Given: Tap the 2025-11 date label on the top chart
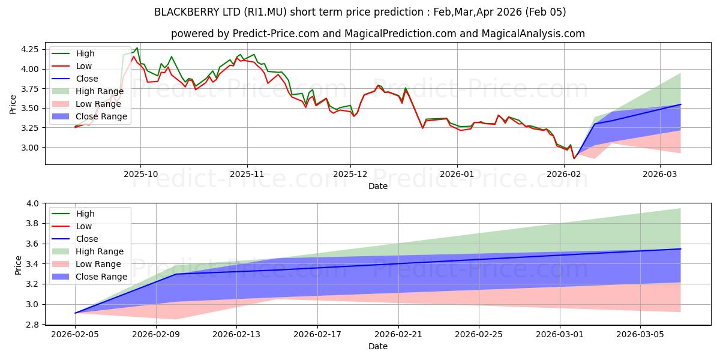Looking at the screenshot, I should (247, 174).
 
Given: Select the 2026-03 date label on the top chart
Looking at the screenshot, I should (660, 174).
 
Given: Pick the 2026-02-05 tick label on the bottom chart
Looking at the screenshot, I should (75, 334).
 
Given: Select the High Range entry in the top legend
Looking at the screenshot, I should (100, 91).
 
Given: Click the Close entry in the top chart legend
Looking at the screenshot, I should (87, 79).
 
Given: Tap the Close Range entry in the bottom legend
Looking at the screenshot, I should (101, 277).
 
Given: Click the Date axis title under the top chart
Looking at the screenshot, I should (377, 186).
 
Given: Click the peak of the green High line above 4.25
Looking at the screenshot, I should (137, 48).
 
